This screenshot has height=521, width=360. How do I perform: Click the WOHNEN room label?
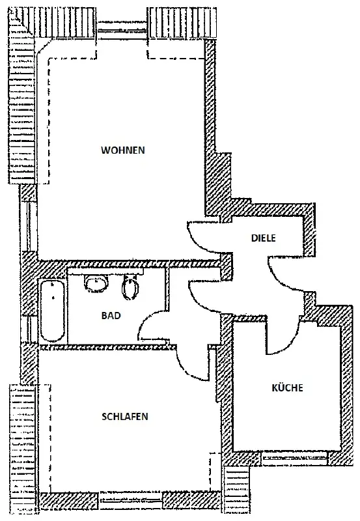tap(123, 150)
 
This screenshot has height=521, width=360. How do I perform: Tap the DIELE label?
tap(264, 238)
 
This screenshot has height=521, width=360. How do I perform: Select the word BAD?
tap(111, 315)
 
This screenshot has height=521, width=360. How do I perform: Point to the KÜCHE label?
tap(287, 387)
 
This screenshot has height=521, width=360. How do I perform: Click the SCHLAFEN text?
tap(124, 417)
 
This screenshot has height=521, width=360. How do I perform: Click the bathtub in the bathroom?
tap(53, 311)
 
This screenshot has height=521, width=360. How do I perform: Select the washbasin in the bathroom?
tap(96, 283)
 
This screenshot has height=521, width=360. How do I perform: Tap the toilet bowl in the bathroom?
tap(131, 287)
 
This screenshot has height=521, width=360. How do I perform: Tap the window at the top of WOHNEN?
tap(122, 31)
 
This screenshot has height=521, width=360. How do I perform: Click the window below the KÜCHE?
tap(295, 458)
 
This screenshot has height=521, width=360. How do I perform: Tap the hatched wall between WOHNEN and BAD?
tap(130, 264)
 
